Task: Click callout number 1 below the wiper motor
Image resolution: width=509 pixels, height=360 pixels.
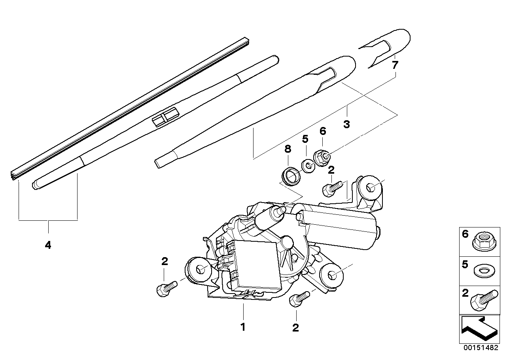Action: tap(243, 327)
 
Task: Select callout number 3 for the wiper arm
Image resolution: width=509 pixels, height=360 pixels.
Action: tap(346, 124)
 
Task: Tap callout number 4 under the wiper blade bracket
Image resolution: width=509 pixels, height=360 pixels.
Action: tap(48, 245)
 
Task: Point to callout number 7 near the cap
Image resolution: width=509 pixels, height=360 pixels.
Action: tap(394, 65)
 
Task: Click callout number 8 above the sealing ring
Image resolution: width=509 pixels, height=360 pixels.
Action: tap(288, 149)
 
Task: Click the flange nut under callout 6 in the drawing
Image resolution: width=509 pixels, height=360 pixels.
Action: tap(322, 158)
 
